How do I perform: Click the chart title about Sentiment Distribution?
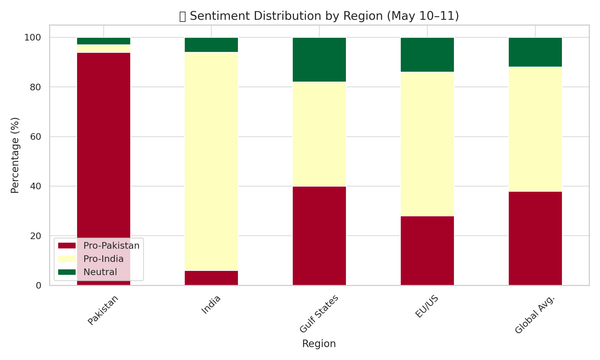(319, 16)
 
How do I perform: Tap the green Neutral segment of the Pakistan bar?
(103, 41)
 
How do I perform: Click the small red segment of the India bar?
(211, 278)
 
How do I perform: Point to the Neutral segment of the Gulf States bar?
(319, 60)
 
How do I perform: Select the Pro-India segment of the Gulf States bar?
(319, 134)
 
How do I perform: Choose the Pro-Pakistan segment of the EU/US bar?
(427, 250)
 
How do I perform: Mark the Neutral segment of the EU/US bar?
(427, 55)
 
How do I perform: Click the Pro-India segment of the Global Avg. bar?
(535, 129)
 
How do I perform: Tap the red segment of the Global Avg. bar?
(535, 238)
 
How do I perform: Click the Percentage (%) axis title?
(15, 155)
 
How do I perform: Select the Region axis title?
(319, 344)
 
